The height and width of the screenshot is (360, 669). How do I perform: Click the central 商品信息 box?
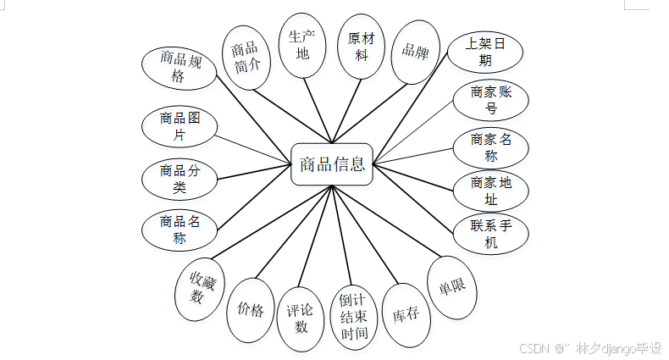coord(331,164)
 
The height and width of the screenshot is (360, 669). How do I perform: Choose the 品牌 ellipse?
coord(416,52)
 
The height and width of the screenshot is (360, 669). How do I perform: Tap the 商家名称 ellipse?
coord(491,147)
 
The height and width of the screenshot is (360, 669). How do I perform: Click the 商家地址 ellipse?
coord(491,191)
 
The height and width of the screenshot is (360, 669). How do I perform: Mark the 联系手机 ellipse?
coord(490,235)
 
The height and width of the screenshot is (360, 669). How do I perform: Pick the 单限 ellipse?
coord(452,287)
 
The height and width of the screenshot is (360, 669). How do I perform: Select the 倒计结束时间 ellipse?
coord(354,316)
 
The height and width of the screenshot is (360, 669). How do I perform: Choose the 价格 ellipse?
coord(251,309)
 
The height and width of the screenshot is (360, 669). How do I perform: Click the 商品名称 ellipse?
coord(180,230)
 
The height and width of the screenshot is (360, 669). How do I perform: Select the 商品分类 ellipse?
coord(179,179)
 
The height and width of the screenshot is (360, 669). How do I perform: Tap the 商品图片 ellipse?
coord(178,127)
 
